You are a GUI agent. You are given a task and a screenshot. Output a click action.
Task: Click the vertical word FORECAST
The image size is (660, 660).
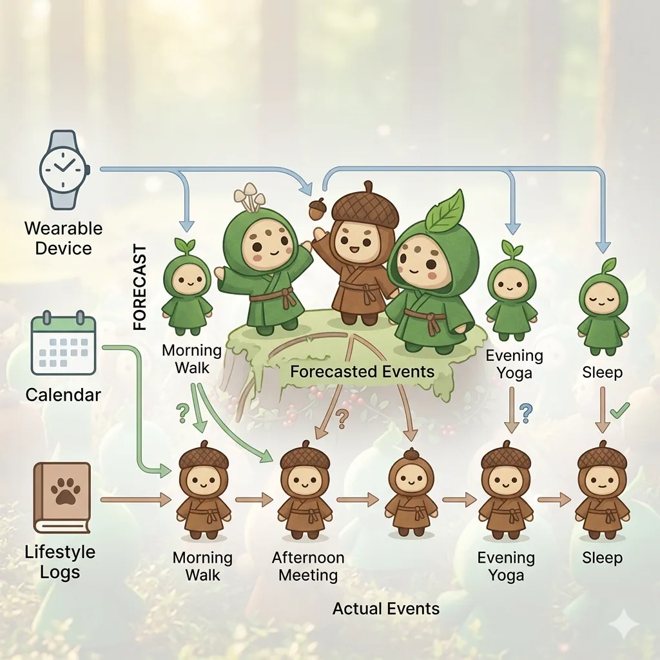click(140, 287)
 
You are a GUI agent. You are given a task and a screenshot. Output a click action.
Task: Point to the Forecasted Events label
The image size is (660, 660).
click(362, 371)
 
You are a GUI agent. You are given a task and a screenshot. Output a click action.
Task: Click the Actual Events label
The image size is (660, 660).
click(385, 608)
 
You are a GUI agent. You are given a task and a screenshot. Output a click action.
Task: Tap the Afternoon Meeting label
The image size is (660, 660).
click(308, 566)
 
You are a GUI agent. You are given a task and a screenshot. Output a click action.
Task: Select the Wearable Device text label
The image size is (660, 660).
click(63, 238)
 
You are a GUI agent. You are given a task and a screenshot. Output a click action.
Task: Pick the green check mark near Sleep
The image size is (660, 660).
click(619, 410)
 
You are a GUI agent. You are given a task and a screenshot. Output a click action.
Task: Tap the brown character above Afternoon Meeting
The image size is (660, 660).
click(304, 490)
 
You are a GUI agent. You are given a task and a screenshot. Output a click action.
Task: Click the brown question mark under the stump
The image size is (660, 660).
click(342, 418)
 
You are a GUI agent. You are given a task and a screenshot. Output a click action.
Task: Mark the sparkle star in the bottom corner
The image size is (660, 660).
click(625, 624)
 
